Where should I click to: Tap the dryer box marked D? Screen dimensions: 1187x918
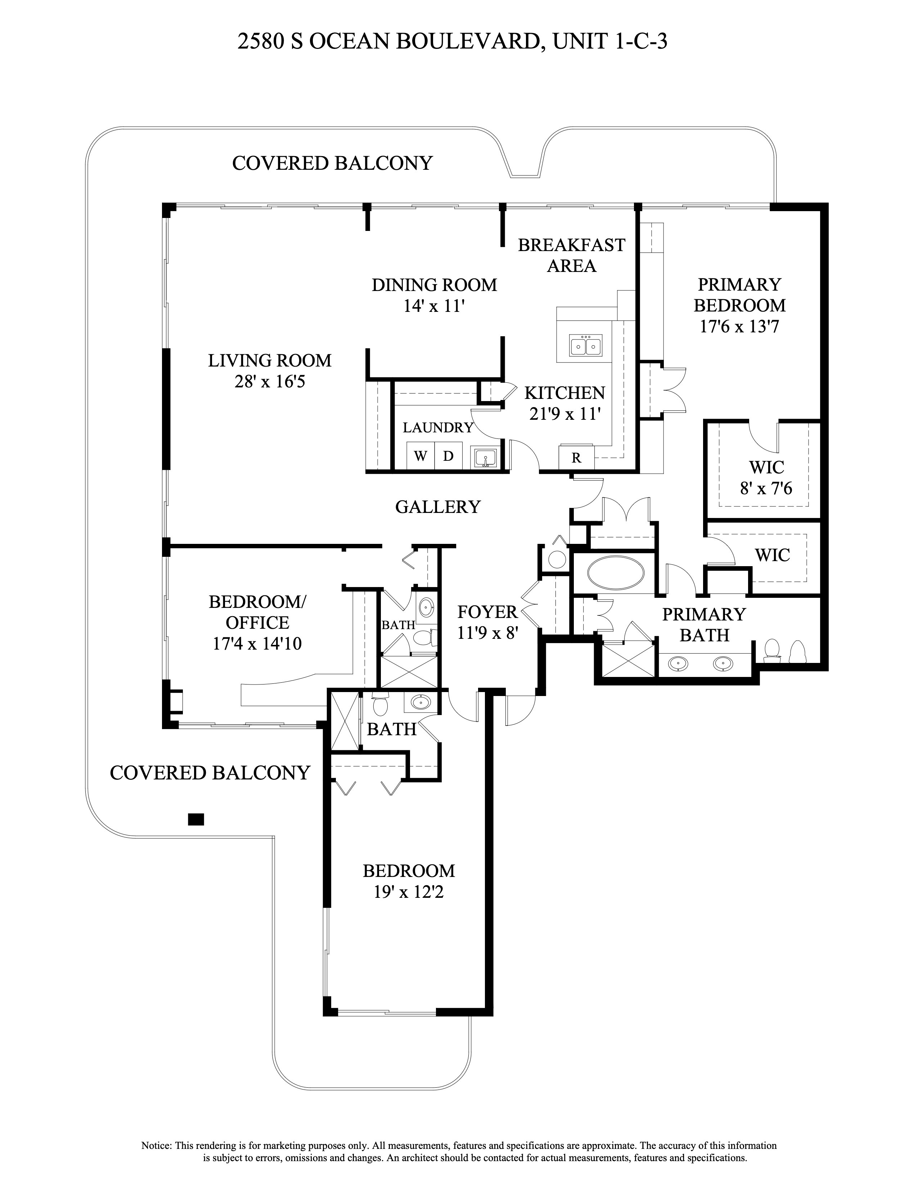click(448, 456)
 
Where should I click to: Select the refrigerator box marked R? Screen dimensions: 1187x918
click(576, 458)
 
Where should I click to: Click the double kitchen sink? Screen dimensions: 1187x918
click(585, 345)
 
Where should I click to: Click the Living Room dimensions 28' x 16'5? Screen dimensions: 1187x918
click(270, 382)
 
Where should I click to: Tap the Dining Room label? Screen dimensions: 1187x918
click(434, 285)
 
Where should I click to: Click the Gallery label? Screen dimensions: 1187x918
click(438, 506)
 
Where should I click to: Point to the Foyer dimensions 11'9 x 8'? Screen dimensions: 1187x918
click(488, 633)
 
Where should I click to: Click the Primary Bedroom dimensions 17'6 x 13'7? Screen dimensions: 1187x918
click(739, 327)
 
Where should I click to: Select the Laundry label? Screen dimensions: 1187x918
click(438, 428)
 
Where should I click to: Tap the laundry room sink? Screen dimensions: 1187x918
click(483, 458)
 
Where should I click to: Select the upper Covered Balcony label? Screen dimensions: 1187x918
click(332, 163)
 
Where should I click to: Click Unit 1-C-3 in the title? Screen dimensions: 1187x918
click(609, 42)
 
